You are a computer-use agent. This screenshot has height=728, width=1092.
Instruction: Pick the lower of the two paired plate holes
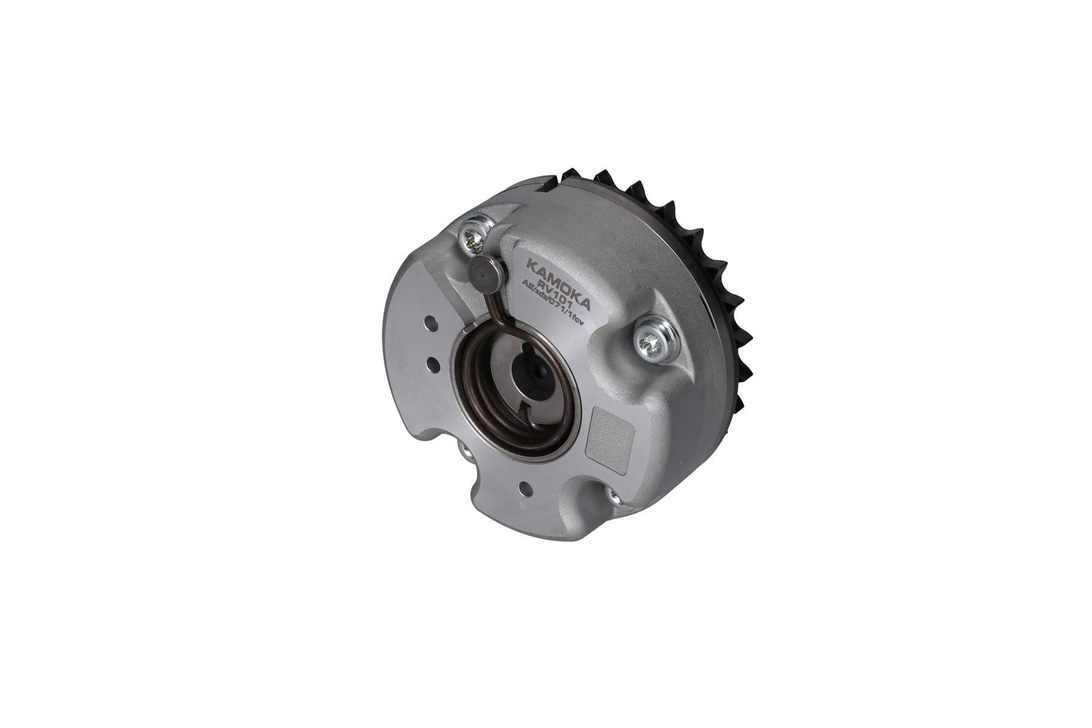click(433, 364)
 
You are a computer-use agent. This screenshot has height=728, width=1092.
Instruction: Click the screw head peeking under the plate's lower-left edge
click(465, 450)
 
